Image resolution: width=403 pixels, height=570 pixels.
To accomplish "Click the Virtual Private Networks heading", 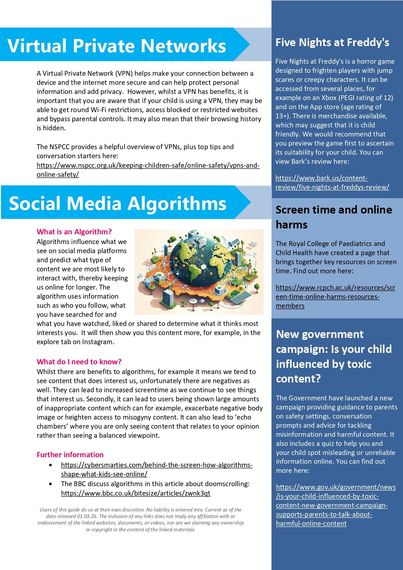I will click(x=117, y=45).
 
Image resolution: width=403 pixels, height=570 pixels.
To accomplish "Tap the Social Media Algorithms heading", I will click(x=118, y=203).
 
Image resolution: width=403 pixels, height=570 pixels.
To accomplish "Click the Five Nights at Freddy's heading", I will click(x=332, y=42).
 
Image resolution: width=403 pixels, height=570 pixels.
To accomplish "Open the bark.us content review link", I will click(x=332, y=183).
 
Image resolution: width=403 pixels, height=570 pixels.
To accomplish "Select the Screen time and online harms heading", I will click(x=334, y=217).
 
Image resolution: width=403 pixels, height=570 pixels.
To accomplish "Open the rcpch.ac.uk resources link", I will click(x=335, y=296).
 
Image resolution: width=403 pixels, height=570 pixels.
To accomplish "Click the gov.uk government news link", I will click(x=336, y=505).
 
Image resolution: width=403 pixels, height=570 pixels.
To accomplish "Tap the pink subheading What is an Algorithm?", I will click(x=74, y=232).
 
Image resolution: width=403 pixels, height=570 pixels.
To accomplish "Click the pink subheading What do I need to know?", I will click(x=79, y=362).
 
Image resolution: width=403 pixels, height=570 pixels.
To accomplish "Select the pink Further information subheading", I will click(x=70, y=455).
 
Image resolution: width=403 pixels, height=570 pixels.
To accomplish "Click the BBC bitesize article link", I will click(x=135, y=493).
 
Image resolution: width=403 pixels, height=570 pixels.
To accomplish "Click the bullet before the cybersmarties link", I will click(x=50, y=465).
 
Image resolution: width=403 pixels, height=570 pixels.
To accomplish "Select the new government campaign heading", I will click(x=334, y=356).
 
